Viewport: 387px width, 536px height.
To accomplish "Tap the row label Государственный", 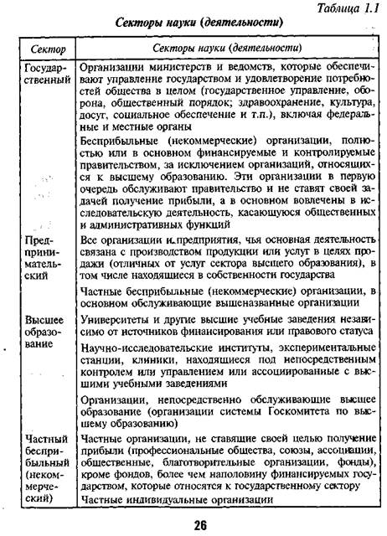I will (x=45, y=75).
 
